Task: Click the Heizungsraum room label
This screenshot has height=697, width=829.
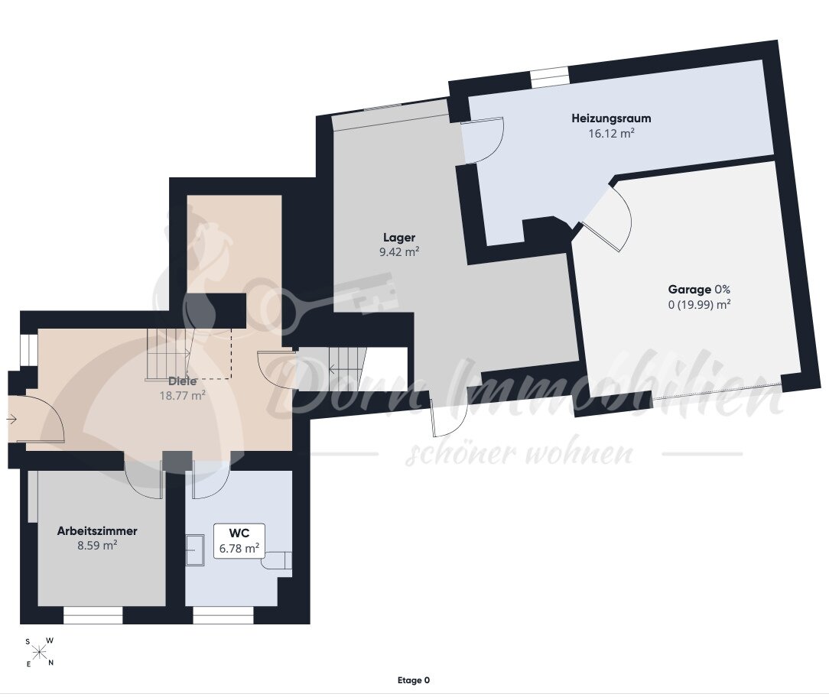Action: coord(611,118)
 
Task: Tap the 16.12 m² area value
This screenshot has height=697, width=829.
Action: coord(611,133)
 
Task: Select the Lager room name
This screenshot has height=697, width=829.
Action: coord(399,238)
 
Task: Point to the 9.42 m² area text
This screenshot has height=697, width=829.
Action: coord(399,252)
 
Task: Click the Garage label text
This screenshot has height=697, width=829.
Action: coord(689,290)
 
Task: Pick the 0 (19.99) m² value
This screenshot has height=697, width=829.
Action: coord(700,304)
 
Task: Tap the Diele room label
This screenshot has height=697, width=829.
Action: coord(183,381)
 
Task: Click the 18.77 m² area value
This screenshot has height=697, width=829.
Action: coord(183,395)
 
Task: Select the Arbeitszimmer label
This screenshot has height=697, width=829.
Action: coord(97,531)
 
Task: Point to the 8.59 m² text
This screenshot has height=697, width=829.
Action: coord(97,546)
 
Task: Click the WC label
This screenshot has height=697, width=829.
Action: coord(239,533)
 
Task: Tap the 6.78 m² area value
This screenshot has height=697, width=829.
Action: coord(239,549)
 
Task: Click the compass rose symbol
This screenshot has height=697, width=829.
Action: coord(40,653)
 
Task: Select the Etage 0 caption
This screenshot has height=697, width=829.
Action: coord(414,681)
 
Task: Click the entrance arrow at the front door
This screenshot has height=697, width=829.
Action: coord(11,420)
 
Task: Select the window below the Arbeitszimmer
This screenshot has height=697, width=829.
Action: coord(93,616)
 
